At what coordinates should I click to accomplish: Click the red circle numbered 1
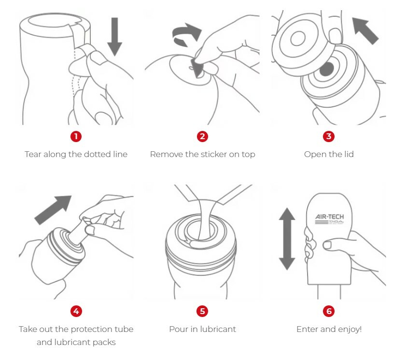76,136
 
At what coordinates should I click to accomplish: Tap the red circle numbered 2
202,136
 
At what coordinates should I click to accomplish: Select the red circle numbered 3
329,136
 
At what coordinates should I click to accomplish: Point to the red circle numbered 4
76,311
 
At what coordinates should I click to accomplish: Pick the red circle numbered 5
202,311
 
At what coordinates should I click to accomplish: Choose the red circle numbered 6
329,311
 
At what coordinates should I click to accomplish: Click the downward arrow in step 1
114,36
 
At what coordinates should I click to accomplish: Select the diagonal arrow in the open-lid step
365,31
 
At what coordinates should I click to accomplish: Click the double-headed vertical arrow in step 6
287,239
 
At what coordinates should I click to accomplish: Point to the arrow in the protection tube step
53,210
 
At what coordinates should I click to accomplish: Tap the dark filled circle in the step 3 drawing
327,69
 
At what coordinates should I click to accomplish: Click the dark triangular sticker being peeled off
197,68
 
